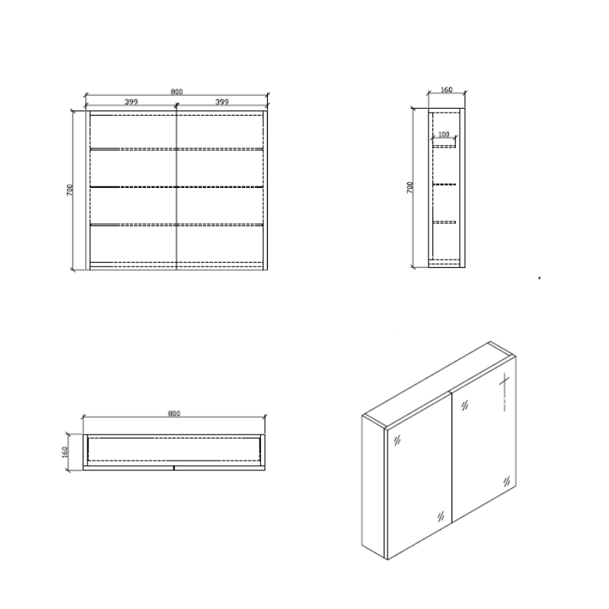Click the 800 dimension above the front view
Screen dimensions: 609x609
pos(177,92)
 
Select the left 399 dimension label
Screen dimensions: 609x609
pos(131,101)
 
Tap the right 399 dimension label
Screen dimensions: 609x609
pos(222,101)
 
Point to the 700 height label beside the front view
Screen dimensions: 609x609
pos(69,190)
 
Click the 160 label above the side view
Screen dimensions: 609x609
pos(446,91)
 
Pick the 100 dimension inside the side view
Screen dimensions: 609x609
pos(445,135)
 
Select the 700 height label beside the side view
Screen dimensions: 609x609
pos(410,187)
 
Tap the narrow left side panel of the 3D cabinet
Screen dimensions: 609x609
pos(374,487)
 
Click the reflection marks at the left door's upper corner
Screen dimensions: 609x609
pos(397,439)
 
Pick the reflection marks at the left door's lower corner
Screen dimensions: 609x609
pos(438,515)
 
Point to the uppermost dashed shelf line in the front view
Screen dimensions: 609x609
pos(177,149)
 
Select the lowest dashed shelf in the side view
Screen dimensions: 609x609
pos(445,222)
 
